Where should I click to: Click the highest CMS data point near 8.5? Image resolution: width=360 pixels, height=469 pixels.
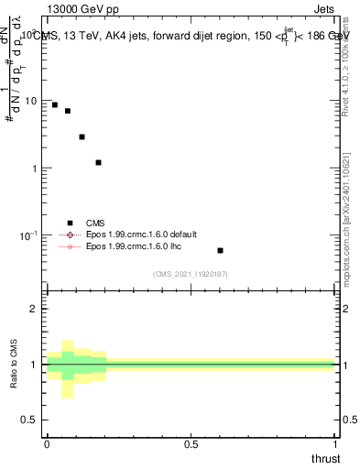[x=55, y=105]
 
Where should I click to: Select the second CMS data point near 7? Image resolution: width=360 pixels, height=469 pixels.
[x=68, y=111]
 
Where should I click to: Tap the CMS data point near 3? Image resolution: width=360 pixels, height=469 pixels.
[x=82, y=136]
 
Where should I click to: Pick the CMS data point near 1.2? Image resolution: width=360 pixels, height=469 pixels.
[x=98, y=162]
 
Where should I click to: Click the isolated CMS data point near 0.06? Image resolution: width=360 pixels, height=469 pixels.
[x=220, y=250]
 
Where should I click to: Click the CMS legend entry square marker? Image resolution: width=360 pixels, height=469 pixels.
[x=69, y=223]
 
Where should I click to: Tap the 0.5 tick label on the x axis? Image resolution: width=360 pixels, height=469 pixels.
[x=191, y=444]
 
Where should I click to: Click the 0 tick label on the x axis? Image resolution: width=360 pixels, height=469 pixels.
[x=47, y=444]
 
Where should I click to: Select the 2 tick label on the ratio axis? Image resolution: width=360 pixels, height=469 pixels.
[x=33, y=310]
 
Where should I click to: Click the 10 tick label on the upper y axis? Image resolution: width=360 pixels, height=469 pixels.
[x=30, y=101]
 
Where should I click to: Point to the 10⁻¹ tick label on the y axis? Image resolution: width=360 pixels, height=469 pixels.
[x=28, y=236]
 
